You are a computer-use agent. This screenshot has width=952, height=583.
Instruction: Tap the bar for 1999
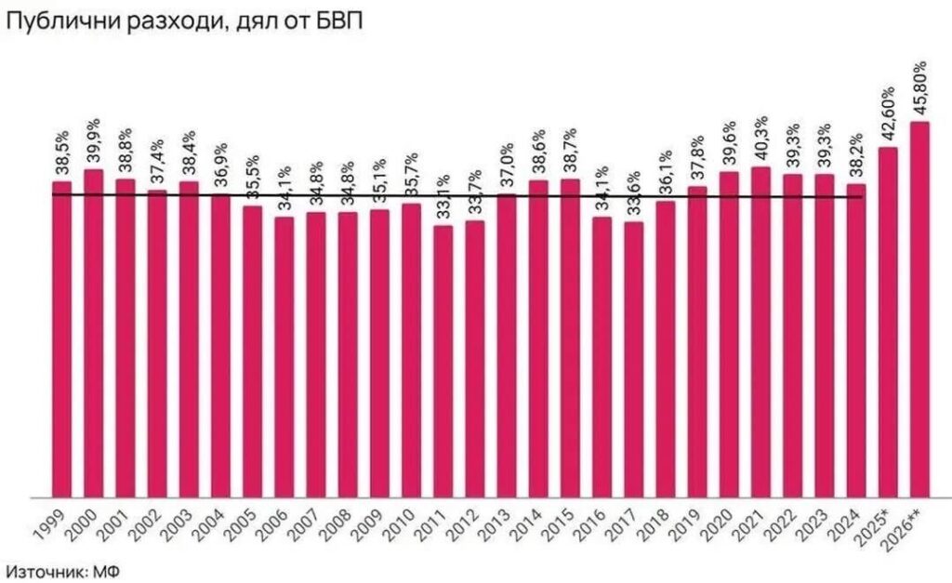point(61,338)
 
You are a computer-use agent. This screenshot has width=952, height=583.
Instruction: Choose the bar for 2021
point(760,332)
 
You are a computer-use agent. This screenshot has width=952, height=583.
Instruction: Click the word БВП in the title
point(337,21)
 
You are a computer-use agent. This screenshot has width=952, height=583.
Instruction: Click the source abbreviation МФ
point(108,569)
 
